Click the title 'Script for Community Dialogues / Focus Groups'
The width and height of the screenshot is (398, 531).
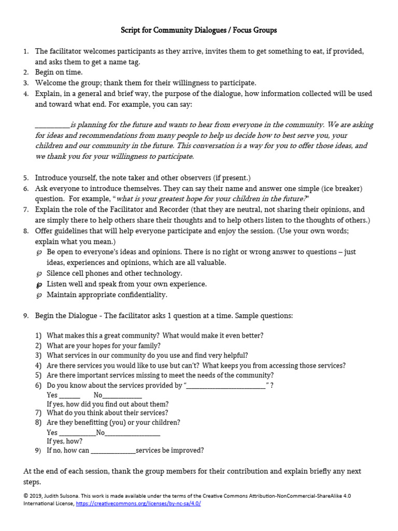click(199, 30)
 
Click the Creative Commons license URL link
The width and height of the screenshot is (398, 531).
click(138, 504)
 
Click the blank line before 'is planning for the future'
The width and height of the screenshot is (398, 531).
click(52, 125)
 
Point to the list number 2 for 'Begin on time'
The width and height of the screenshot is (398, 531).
click(26, 72)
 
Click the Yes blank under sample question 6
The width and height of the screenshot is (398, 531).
click(69, 395)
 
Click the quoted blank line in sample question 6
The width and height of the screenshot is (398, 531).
click(226, 386)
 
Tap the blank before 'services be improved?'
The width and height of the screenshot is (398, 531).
click(113, 451)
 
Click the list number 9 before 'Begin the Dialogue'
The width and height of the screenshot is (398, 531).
click(26, 316)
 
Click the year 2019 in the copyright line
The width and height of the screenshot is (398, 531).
click(38, 496)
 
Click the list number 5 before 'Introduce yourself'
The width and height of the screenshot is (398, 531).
click(26, 178)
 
